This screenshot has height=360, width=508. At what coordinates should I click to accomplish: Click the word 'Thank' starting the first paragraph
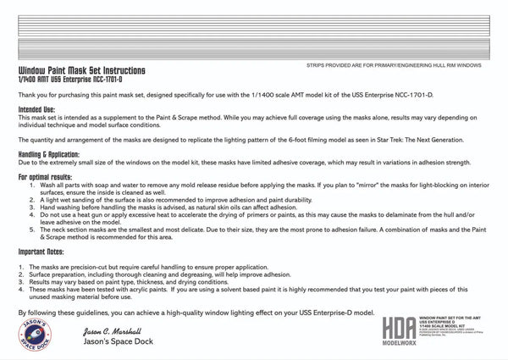coord(26,94)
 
